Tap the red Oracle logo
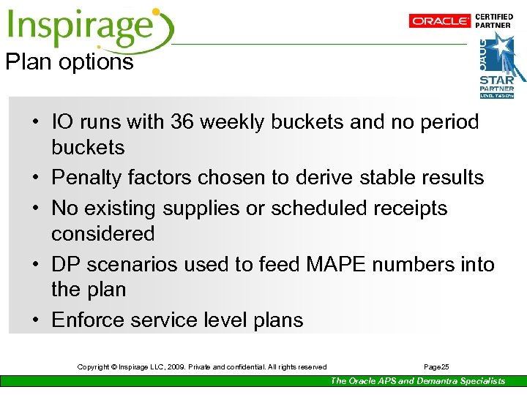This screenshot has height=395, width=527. [x=440, y=21]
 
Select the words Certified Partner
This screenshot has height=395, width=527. [x=494, y=20]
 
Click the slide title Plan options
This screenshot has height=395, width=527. [x=70, y=62]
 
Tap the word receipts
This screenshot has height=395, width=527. [x=410, y=208]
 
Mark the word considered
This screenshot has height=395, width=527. [x=102, y=234]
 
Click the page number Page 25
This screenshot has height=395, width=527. [x=437, y=366]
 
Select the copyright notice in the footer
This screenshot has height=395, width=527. [x=202, y=366]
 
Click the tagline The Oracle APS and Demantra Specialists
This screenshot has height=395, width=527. [x=417, y=381]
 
